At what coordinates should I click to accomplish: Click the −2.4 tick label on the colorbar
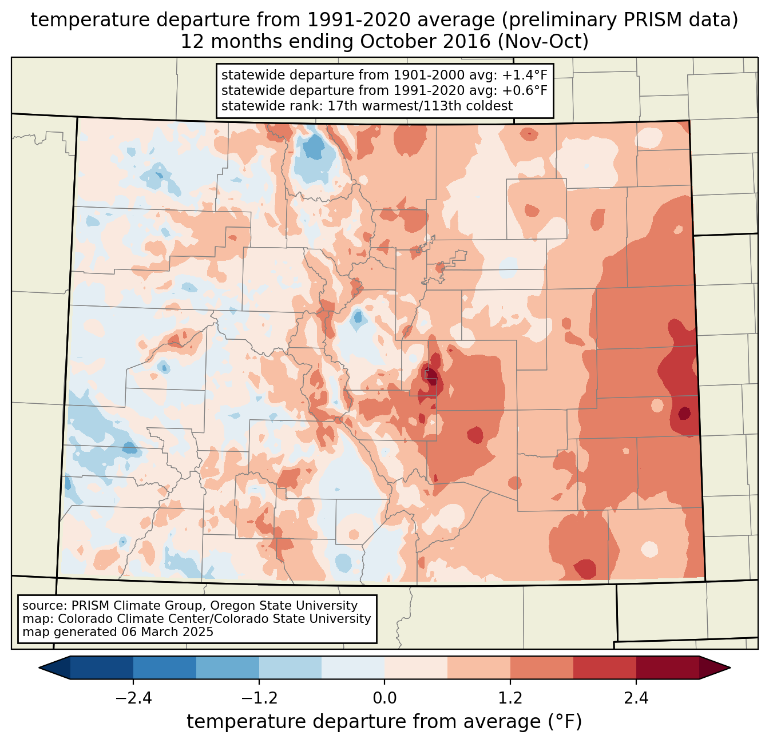pyautogui.click(x=133, y=698)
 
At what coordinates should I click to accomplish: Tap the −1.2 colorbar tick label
pyautogui.click(x=259, y=698)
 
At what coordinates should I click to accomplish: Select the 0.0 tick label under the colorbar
pyautogui.click(x=384, y=698)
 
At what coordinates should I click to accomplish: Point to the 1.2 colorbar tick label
pyautogui.click(x=510, y=698)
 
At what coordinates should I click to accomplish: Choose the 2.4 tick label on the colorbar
pyautogui.click(x=636, y=698)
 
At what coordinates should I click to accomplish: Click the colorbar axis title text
pyautogui.click(x=384, y=722)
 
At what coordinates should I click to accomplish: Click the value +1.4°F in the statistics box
pyautogui.click(x=525, y=76)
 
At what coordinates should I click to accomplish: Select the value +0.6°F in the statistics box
pyautogui.click(x=525, y=90)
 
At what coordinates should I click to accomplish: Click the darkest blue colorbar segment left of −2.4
pyautogui.click(x=102, y=667)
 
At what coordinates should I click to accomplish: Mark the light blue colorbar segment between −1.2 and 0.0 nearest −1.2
pyautogui.click(x=290, y=667)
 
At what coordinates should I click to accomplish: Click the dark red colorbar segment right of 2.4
pyautogui.click(x=667, y=667)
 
